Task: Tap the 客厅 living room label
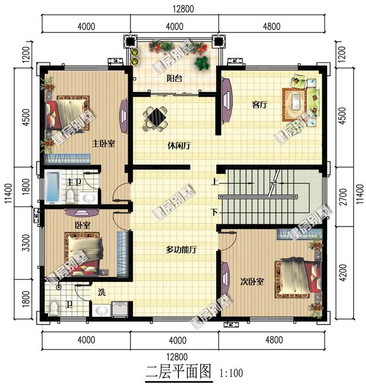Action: point(260,104)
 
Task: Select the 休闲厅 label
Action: point(180,145)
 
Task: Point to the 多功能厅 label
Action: point(182,249)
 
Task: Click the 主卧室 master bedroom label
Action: point(104,143)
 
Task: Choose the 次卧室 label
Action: point(252,281)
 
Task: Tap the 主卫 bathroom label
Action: point(73,183)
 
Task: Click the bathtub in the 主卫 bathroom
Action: point(53,187)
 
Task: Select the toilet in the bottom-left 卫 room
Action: point(54,309)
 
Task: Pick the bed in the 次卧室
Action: point(298,278)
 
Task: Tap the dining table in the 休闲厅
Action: point(156,118)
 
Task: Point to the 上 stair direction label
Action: point(214,183)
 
